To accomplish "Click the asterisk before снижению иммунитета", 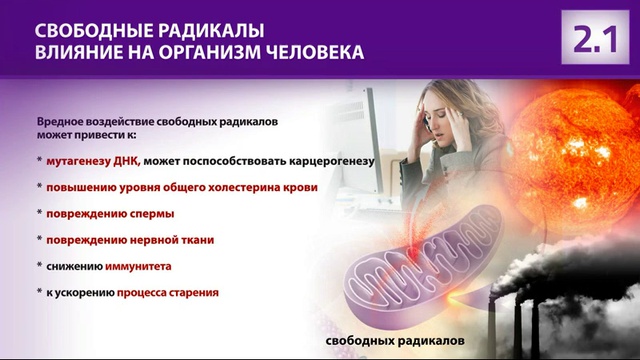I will click(x=39, y=268).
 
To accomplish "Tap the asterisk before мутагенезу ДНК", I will click(x=39, y=161).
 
